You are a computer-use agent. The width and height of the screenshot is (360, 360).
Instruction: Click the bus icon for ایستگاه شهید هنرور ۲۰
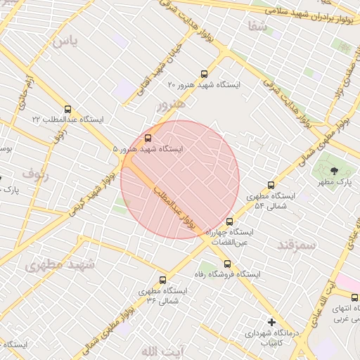(x=205, y=74)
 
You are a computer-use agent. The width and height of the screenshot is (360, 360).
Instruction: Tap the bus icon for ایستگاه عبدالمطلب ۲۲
(x=67, y=109)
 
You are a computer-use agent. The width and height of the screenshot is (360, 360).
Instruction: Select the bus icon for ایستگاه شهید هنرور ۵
(x=148, y=138)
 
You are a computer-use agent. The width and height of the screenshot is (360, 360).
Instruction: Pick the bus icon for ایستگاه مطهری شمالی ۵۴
(x=271, y=186)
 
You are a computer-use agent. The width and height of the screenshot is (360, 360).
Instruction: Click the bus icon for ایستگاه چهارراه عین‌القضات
(x=229, y=221)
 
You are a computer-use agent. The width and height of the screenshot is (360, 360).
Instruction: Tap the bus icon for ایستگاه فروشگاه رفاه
(x=225, y=264)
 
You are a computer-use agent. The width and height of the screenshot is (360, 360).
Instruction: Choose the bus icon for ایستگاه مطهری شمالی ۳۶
(x=163, y=280)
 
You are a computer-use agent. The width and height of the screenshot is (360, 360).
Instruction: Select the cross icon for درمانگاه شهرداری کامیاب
(x=271, y=322)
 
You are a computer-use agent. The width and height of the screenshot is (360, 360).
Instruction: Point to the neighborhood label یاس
(x=64, y=41)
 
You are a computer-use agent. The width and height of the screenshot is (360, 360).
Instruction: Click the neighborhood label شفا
(x=257, y=27)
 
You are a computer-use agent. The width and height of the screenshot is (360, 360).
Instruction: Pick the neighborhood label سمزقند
(x=297, y=244)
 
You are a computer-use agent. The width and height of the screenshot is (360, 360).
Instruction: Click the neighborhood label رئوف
(x=35, y=172)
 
